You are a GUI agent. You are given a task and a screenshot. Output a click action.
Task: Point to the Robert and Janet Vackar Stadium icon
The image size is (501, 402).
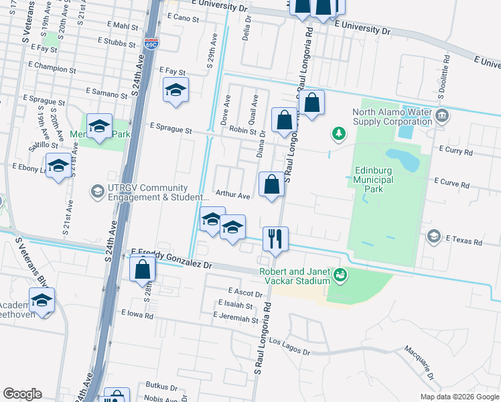pos(340,274)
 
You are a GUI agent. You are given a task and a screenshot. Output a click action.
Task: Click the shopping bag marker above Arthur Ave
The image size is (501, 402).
pos(271,185)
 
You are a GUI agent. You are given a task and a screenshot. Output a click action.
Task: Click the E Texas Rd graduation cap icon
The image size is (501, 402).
pos(434,236)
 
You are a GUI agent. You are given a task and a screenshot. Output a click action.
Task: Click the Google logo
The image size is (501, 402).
pos(22,394)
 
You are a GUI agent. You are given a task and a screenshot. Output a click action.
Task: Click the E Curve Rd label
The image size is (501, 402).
pos(453,182)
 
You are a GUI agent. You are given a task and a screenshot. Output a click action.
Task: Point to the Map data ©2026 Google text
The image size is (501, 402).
pos(459,397)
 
